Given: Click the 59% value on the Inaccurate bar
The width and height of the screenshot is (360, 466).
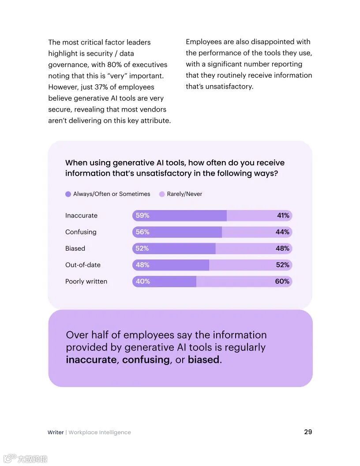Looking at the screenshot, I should (142, 215).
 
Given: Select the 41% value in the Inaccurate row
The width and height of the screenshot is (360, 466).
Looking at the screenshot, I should (283, 215).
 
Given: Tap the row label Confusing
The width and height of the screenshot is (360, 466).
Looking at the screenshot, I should (81, 232).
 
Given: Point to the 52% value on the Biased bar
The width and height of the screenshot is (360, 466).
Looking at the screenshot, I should (142, 248).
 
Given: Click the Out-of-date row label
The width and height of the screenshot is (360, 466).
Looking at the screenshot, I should (83, 265).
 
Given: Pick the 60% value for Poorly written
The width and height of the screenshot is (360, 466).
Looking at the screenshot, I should (282, 281).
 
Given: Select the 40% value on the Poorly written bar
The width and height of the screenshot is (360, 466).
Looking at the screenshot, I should (142, 281).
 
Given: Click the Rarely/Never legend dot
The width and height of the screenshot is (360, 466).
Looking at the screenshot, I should (162, 194).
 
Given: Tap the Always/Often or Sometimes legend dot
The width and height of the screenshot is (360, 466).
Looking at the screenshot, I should (68, 194).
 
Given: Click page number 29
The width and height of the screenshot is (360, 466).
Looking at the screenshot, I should (308, 432).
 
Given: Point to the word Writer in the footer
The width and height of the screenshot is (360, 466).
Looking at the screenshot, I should (56, 432).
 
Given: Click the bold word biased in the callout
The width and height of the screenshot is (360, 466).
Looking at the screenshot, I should (203, 360).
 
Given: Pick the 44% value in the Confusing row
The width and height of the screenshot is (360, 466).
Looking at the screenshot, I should (283, 232).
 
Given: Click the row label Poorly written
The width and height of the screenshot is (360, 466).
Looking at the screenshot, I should (86, 282).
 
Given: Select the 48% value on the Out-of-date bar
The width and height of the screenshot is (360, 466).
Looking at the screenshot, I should (142, 265).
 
